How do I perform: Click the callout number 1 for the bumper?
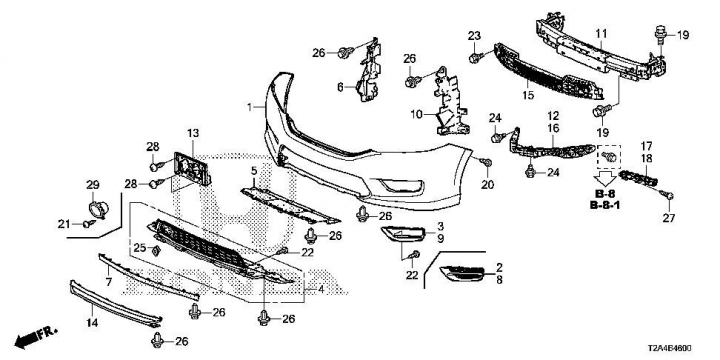tap(249, 107)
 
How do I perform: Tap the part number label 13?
tap(193, 134)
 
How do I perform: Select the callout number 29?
tap(93, 185)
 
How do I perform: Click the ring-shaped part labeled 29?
tap(98, 209)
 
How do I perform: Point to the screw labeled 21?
tap(89, 224)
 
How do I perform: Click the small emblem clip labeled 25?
tap(156, 250)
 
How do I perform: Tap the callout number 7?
tap(109, 282)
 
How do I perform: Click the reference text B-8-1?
tap(605, 205)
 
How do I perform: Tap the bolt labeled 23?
tap(475, 58)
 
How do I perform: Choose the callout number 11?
tap(602, 34)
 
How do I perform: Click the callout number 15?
tap(528, 95)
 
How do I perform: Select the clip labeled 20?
tap(486, 162)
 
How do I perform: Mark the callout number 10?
tap(416, 114)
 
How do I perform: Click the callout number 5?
tap(254, 172)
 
